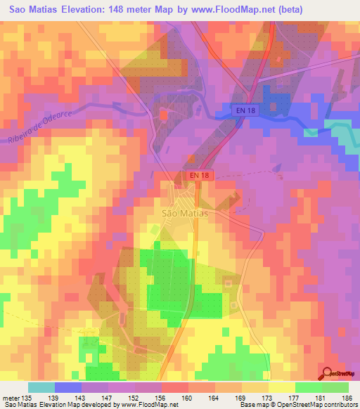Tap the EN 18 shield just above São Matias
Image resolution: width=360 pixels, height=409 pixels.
click(198, 176)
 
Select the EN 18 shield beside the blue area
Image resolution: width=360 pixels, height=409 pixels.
click(244, 110)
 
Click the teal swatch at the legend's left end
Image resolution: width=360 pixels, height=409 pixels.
click(41, 387)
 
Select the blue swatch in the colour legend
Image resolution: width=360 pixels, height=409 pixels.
click(68, 387)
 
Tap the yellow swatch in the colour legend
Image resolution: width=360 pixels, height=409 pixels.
click(281, 387)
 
